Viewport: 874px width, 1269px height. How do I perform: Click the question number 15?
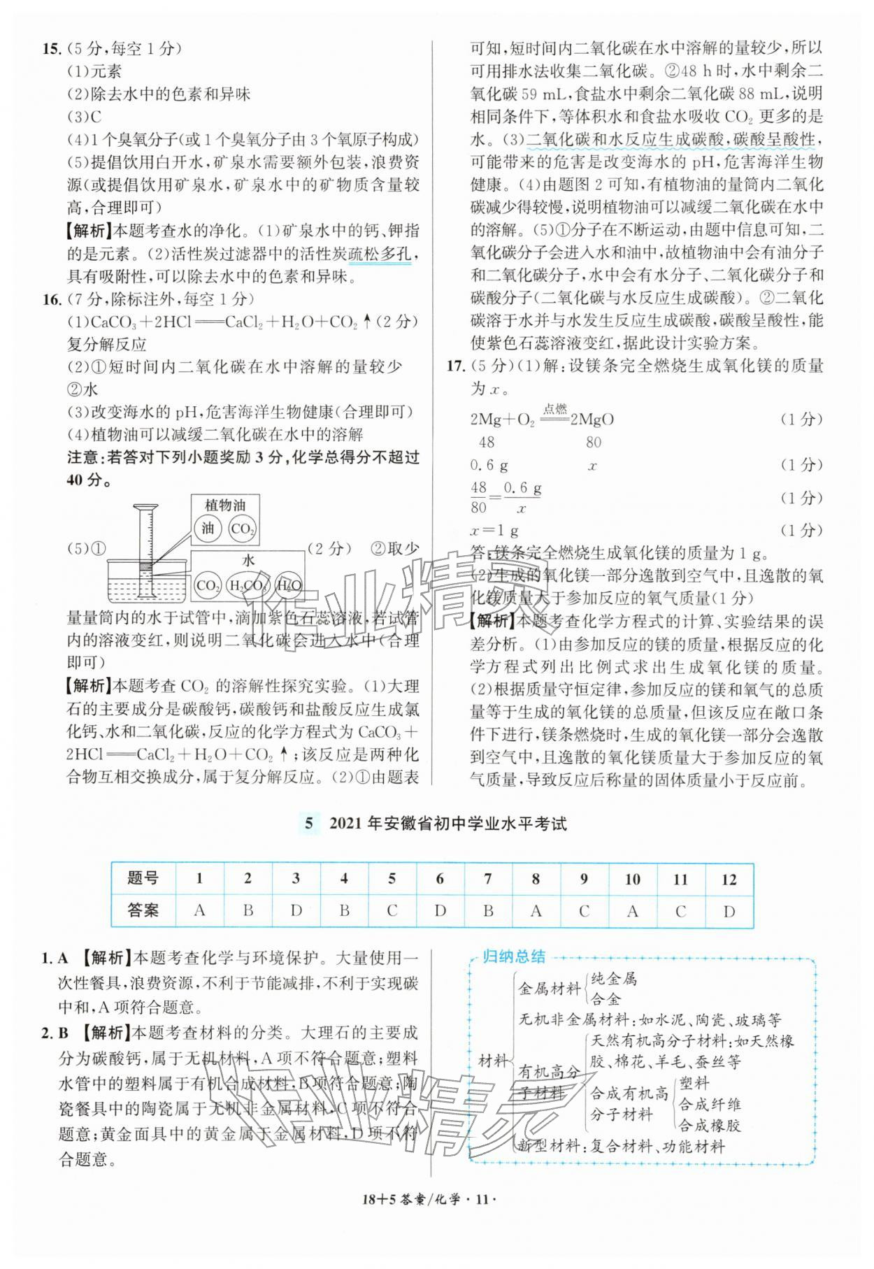52,49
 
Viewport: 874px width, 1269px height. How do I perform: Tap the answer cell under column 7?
488,910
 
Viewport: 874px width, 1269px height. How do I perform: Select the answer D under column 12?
729,910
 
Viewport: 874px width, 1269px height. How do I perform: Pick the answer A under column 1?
200,910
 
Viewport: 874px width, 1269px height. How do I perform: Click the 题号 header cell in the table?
143,879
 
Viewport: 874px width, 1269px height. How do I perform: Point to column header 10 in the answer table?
633,879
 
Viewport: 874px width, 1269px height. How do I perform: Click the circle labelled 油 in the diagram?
208,529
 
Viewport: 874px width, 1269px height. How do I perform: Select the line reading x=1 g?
494,530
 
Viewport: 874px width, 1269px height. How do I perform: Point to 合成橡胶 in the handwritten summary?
709,1124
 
